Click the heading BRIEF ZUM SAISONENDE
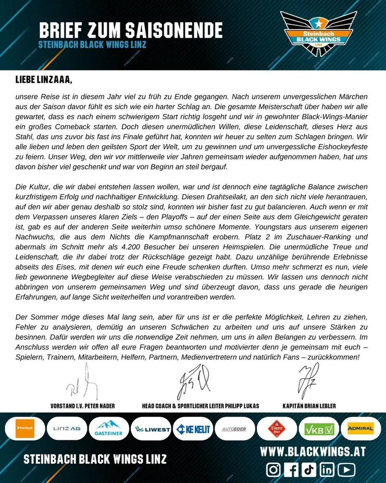coord(131,30)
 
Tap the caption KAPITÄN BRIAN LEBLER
coord(309,406)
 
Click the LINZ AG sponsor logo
coord(66,429)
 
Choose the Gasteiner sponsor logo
coord(109,429)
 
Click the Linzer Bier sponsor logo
coord(277,429)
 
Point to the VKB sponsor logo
coord(319,429)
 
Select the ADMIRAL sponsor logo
coord(361,428)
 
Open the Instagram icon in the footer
coord(274,470)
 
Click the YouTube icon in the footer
coord(347,470)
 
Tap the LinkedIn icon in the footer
coord(328,470)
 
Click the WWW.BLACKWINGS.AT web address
coord(313,452)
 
